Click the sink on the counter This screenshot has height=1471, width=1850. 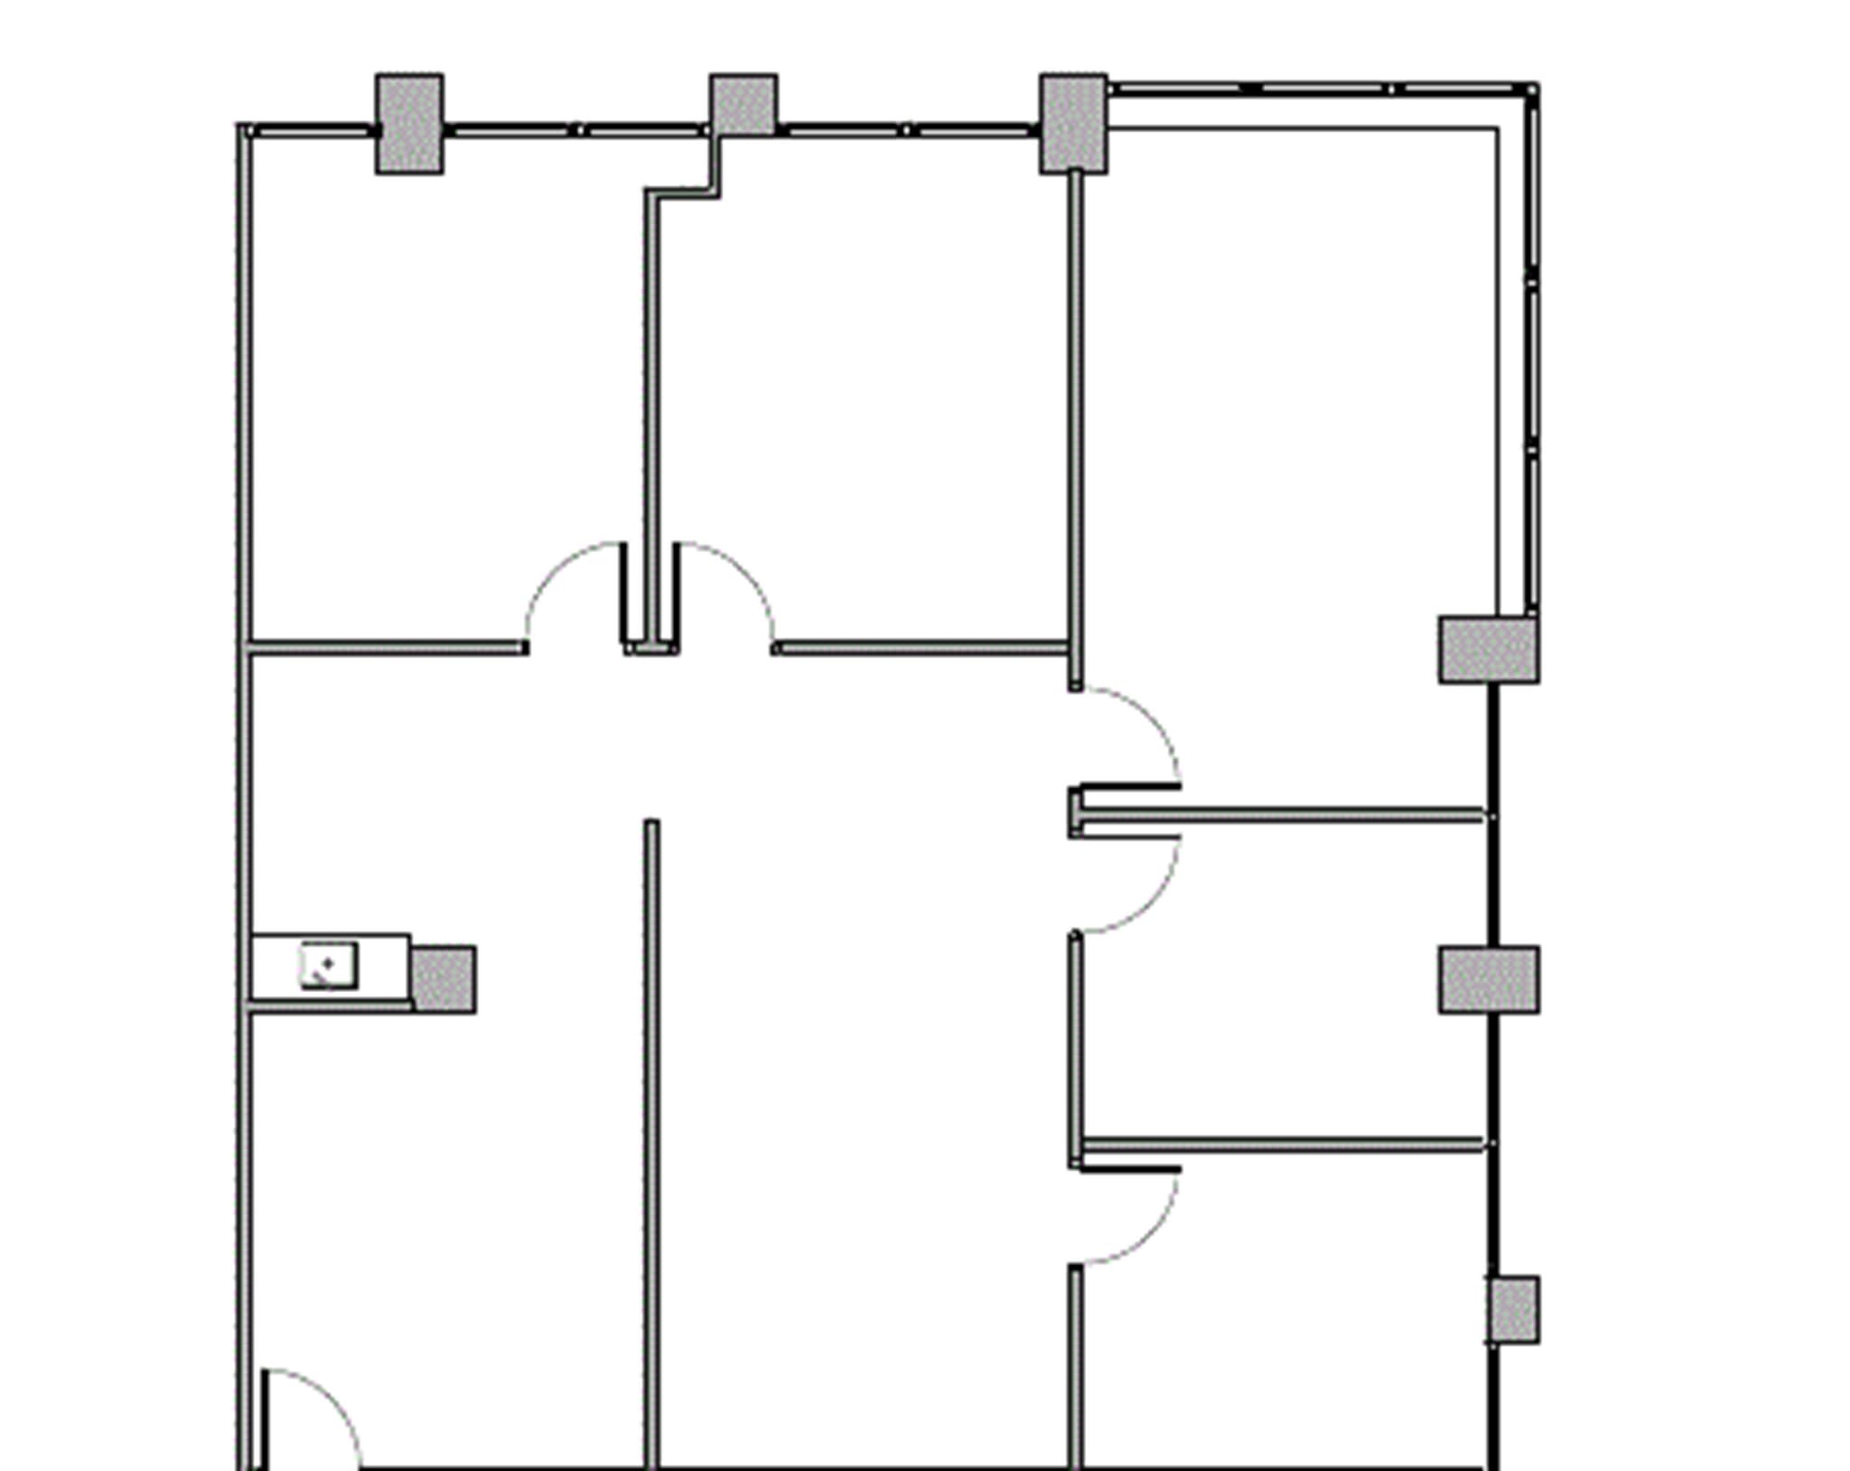[x=329, y=965]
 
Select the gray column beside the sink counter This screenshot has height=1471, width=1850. [x=444, y=979]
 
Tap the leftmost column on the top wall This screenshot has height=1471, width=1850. [x=409, y=124]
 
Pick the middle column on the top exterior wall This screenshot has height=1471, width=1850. [x=743, y=106]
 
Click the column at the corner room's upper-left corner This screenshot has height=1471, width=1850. [x=1073, y=124]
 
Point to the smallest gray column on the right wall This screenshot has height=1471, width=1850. [x=1514, y=1309]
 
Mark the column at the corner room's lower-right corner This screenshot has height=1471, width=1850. [x=1489, y=650]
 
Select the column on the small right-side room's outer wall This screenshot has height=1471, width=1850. [x=1489, y=980]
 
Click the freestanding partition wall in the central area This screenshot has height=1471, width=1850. [x=651, y=1129]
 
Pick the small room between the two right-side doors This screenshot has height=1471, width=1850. [x=1283, y=980]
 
